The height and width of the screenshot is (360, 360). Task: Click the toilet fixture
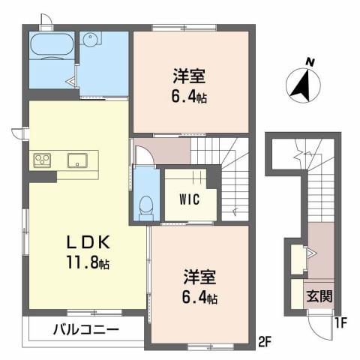[x=148, y=205]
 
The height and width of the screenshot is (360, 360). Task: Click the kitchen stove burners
[x=42, y=160]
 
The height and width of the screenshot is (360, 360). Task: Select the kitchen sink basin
[x=79, y=160]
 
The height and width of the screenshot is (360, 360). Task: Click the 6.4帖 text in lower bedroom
[x=199, y=298]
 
